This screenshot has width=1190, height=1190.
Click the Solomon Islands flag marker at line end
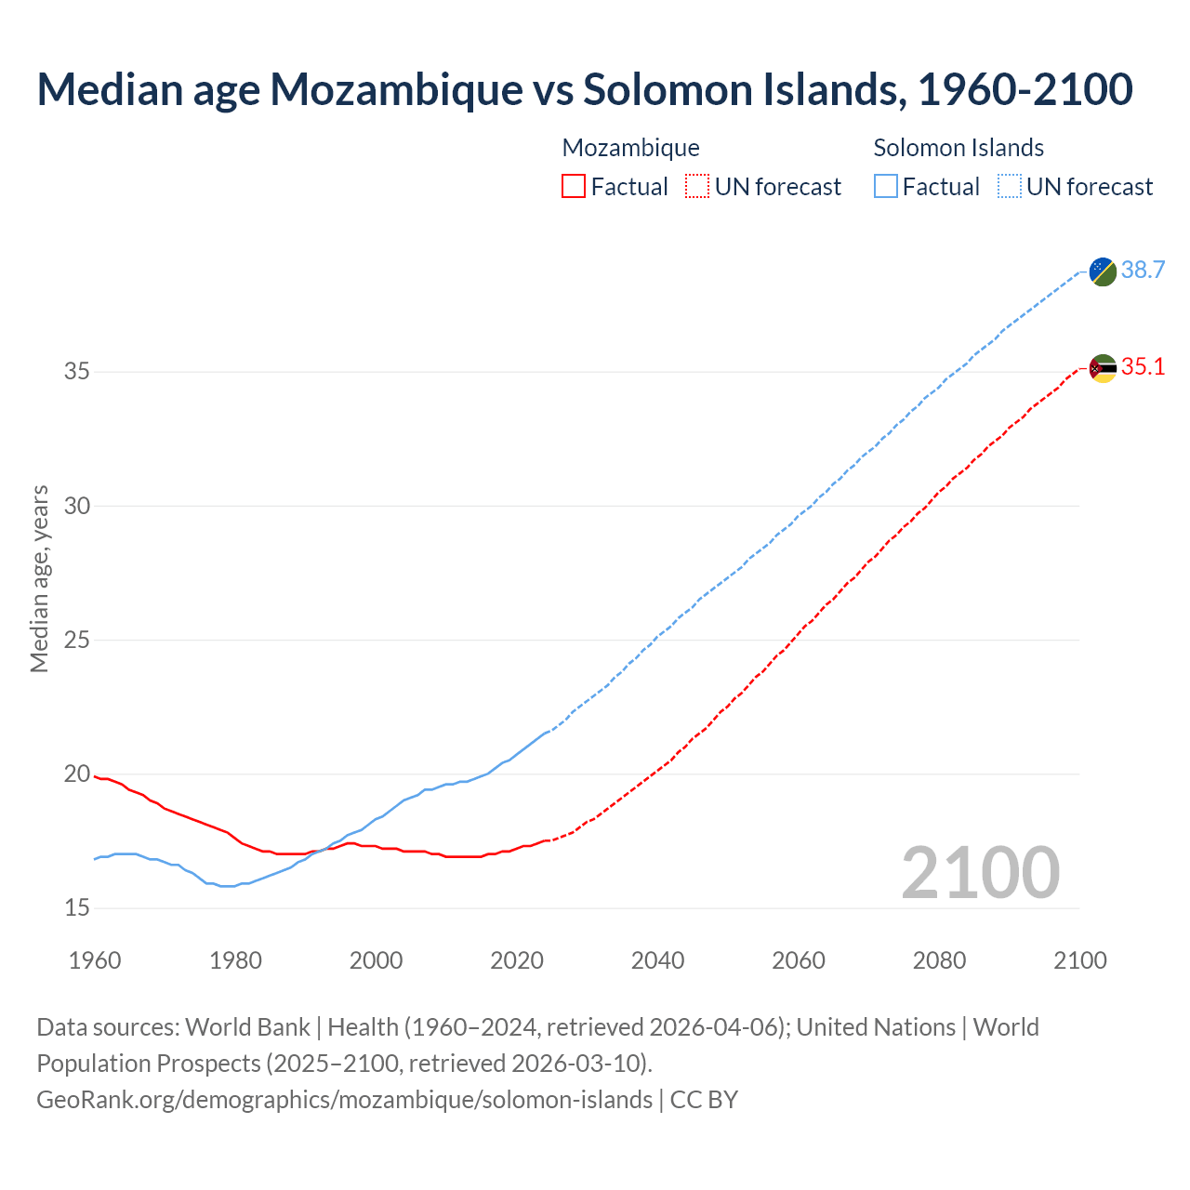[1103, 271]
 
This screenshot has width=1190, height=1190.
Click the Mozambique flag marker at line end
[1103, 368]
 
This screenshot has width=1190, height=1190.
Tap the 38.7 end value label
[1143, 271]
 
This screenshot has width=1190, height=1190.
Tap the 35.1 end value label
[1143, 367]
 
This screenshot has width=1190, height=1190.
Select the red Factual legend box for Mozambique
[574, 187]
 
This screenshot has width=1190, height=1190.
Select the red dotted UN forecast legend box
[697, 187]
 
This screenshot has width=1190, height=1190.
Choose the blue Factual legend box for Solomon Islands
[886, 187]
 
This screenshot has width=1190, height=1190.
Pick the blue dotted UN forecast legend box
[1009, 187]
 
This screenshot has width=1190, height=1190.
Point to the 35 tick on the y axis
[77, 372]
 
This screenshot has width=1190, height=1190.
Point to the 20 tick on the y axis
[77, 774]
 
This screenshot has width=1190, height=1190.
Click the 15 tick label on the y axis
[77, 908]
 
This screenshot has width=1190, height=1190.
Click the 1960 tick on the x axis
[95, 960]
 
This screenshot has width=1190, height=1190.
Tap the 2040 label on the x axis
[657, 960]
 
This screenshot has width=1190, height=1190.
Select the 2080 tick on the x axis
[939, 960]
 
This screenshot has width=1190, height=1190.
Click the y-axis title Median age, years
[39, 578]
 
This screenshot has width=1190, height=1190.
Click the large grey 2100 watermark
[980, 872]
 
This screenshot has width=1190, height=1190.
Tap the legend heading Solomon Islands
[959, 148]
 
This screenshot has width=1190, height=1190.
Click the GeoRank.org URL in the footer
[344, 1100]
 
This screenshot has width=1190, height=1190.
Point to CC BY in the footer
[704, 1100]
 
